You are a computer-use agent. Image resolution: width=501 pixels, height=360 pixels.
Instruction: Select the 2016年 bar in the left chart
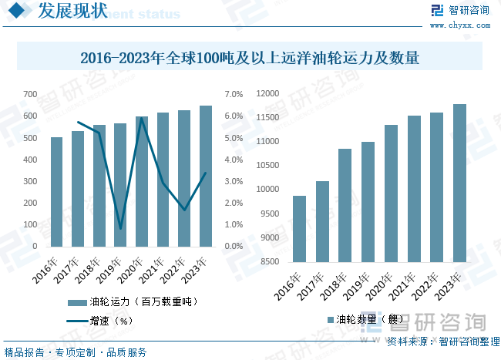(57, 192)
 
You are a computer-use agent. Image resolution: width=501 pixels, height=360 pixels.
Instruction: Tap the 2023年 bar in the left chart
(206, 177)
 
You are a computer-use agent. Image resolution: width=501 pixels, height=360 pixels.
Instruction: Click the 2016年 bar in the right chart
(299, 229)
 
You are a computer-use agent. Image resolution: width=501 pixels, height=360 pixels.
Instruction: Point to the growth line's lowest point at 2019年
(121, 229)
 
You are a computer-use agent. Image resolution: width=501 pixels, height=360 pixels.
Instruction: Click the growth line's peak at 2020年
(142, 118)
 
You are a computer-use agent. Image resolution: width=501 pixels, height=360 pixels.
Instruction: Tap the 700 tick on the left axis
(30, 94)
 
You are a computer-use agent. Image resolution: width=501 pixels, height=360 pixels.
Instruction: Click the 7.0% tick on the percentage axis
(234, 94)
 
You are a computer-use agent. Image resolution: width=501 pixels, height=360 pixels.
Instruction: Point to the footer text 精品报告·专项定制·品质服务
(76, 352)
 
